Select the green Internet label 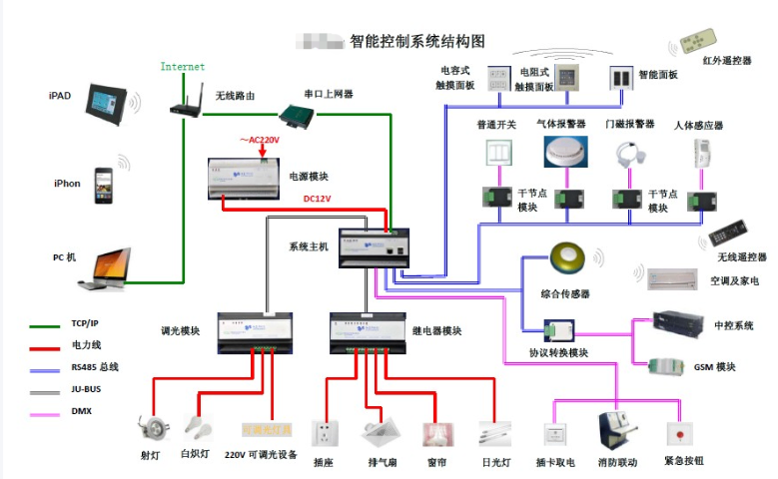tap(183, 67)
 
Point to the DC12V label tap(317, 199)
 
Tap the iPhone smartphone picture tap(104, 185)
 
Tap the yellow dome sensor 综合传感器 tap(566, 259)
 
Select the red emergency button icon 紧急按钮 tap(679, 434)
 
